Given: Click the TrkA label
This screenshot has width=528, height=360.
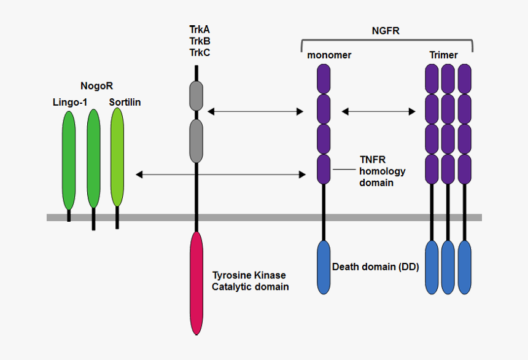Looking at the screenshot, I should point(200,29).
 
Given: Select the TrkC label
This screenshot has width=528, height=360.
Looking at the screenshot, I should point(200,52).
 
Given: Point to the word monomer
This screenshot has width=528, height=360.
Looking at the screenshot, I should point(329,55).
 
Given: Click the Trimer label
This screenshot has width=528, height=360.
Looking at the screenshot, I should point(443,55).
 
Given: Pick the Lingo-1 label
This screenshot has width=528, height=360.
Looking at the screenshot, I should point(69,102).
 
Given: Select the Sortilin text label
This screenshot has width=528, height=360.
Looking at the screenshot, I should point(125,102).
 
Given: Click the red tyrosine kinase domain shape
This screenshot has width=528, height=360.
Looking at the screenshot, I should point(196,283).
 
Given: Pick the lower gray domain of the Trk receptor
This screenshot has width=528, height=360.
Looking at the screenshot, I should point(196,141).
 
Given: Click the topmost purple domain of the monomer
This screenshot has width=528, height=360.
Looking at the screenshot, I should point(324,78).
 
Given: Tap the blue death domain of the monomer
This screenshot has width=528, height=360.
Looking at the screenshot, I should point(324,267).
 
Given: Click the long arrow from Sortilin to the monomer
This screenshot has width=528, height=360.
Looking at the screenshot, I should point(220,174).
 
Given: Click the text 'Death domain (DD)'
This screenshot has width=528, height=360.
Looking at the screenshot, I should point(375,267).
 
